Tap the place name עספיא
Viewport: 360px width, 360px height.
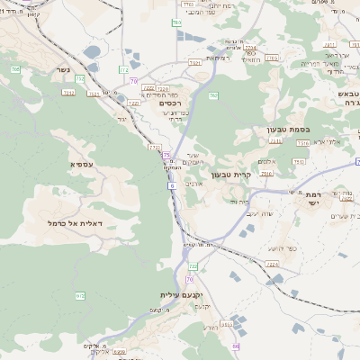(80, 164)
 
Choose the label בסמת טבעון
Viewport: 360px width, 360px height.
(288, 130)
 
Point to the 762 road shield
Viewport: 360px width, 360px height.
(213, 95)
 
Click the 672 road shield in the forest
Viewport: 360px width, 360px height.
(79, 294)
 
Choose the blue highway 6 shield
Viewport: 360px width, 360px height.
(170, 184)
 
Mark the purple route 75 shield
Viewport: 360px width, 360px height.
(166, 156)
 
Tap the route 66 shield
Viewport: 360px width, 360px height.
(236, 346)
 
